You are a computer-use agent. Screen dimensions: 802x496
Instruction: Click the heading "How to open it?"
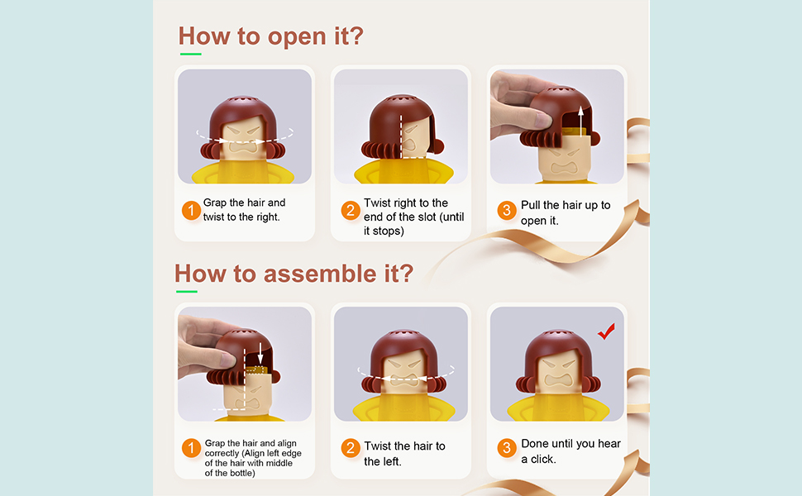tap(270, 36)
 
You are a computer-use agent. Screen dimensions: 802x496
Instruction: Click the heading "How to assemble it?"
tap(294, 274)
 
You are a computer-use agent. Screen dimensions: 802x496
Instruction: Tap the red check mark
tap(607, 331)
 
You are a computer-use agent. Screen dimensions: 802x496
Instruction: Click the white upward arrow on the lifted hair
tap(580, 121)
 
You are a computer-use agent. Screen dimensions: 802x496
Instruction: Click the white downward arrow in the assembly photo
tap(260, 354)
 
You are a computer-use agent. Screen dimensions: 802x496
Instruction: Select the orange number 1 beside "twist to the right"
tap(191, 210)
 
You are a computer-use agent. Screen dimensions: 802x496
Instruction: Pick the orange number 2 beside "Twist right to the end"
tap(351, 210)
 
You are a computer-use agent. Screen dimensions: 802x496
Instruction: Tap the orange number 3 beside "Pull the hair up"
tap(506, 210)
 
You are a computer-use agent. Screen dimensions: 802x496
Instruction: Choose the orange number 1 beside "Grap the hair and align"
tap(191, 448)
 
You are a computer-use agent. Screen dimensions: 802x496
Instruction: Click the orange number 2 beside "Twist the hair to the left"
tap(351, 448)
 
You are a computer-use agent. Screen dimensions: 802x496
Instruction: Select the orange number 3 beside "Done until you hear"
tap(506, 448)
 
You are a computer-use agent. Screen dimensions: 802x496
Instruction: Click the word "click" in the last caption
tap(542, 459)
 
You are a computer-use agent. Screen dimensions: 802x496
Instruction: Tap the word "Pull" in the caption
tap(530, 205)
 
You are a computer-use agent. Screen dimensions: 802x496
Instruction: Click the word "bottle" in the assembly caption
tap(242, 473)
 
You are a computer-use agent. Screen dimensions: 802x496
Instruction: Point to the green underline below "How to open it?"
tap(190, 54)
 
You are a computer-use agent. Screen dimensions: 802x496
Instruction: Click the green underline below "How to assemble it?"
tap(187, 292)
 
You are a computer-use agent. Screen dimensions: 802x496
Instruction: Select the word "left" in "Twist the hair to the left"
tap(390, 461)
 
